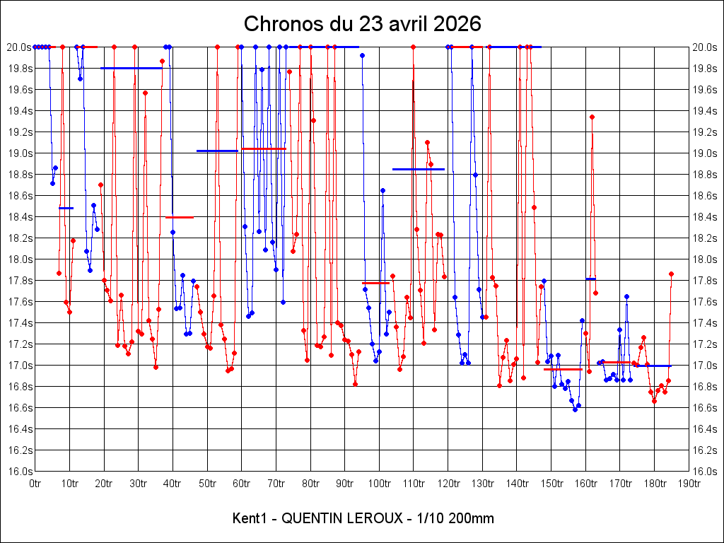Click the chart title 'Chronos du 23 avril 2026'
362,23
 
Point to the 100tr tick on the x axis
380,484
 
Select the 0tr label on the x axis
35,484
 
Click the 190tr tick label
689,484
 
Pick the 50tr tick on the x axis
208,484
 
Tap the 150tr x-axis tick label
551,484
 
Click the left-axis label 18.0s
20,259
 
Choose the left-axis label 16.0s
20,472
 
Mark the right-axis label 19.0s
705,153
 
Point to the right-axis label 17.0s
705,366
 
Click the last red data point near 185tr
671,274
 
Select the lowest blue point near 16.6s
575,409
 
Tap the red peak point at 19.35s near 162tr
592,117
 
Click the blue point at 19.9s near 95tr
362,55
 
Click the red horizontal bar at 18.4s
180,217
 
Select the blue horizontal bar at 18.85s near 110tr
419,169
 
